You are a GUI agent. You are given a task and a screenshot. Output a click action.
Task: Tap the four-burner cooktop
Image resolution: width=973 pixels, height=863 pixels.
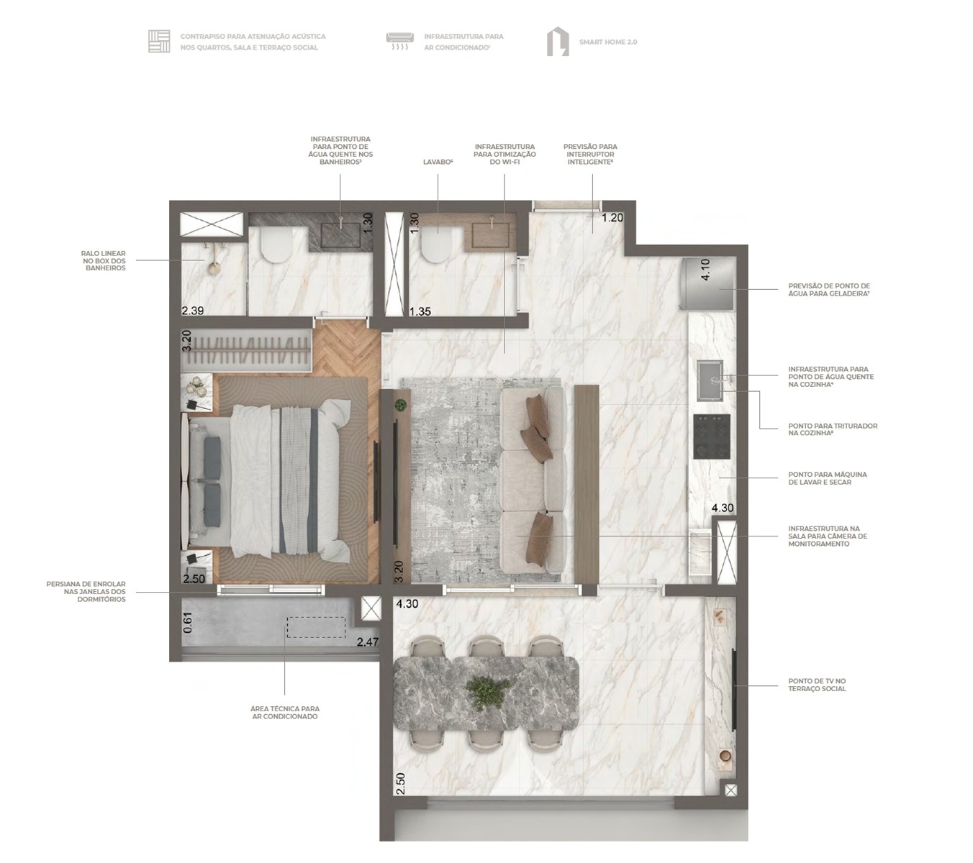tap(712, 437)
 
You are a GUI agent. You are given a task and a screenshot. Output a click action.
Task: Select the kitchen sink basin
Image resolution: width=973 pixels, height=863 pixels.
tap(710, 380)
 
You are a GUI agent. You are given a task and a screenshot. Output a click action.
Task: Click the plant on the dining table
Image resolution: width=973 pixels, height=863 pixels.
tap(487, 691)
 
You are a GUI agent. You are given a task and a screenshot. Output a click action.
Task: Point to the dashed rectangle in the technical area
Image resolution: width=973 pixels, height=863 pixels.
tap(316, 627)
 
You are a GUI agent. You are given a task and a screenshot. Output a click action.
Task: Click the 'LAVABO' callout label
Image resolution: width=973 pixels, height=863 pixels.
tap(438, 163)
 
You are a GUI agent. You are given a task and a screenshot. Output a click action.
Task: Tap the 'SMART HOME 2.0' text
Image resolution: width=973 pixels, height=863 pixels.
tap(608, 42)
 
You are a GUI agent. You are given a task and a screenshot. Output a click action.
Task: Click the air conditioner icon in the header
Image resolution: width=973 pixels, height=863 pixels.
tap(399, 40)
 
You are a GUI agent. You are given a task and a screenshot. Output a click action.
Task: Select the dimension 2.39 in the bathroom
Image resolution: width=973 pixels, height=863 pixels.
tap(193, 311)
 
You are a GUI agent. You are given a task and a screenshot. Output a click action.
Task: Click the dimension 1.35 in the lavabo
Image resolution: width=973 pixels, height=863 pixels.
tap(420, 311)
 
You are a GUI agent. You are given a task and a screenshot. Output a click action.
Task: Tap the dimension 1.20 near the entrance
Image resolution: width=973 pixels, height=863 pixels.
tap(612, 218)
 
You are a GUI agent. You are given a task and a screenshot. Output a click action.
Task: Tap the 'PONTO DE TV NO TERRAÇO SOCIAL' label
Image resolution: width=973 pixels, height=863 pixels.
tap(817, 685)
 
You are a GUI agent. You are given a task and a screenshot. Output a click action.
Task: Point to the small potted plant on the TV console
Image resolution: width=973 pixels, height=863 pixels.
tap(399, 405)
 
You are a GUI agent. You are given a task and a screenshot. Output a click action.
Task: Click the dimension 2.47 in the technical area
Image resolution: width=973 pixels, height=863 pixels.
tap(368, 641)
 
